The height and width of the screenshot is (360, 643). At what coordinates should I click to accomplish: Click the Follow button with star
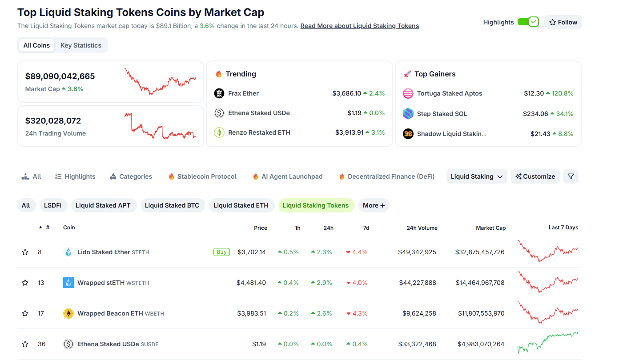click(x=563, y=22)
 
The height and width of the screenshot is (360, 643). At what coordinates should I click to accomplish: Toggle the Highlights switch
click(x=528, y=22)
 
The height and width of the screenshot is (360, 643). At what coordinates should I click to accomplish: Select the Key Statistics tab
click(x=81, y=45)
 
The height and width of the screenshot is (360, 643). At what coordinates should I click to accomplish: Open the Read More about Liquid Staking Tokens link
click(x=359, y=26)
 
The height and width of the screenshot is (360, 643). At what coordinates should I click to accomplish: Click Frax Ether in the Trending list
click(x=243, y=93)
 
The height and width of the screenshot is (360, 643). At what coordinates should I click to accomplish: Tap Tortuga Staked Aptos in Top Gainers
click(x=449, y=93)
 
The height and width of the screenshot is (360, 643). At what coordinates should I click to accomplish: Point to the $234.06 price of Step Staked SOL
click(x=535, y=114)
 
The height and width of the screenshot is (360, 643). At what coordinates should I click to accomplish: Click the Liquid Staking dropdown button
click(x=476, y=176)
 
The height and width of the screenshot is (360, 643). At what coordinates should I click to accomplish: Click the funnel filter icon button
click(x=571, y=176)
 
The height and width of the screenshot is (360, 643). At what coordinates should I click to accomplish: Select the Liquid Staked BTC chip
click(x=172, y=205)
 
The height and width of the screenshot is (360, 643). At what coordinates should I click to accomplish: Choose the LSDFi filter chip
click(x=53, y=205)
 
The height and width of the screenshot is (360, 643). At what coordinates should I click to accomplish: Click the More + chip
click(x=374, y=205)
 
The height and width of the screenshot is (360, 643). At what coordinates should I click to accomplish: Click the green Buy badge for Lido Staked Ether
click(x=221, y=252)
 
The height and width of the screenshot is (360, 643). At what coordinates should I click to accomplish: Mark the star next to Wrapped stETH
click(x=25, y=283)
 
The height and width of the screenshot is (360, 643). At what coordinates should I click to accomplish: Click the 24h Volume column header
click(x=422, y=228)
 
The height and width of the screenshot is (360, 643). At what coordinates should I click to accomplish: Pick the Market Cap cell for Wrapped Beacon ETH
click(x=481, y=313)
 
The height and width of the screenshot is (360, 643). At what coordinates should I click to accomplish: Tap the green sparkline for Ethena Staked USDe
click(x=547, y=343)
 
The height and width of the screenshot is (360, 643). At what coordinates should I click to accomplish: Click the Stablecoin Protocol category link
click(x=207, y=176)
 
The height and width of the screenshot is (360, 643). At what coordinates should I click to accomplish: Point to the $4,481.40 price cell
click(x=251, y=283)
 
